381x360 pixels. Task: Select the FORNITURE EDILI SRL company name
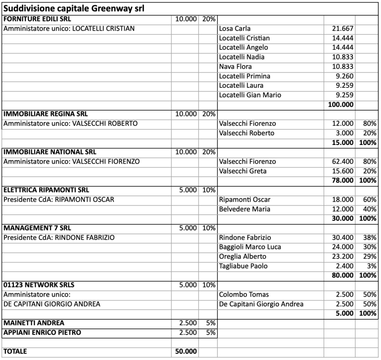(x=33, y=19)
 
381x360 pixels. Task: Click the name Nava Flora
(x=235, y=67)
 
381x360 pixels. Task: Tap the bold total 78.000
(x=341, y=181)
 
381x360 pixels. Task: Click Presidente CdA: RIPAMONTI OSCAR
(x=59, y=199)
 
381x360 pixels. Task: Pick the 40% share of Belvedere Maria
(x=369, y=209)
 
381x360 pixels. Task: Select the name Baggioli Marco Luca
(x=250, y=247)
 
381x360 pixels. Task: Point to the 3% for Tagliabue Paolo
(x=371, y=266)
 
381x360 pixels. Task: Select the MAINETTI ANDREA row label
(x=34, y=323)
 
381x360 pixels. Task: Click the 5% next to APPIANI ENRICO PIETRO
(x=211, y=332)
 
